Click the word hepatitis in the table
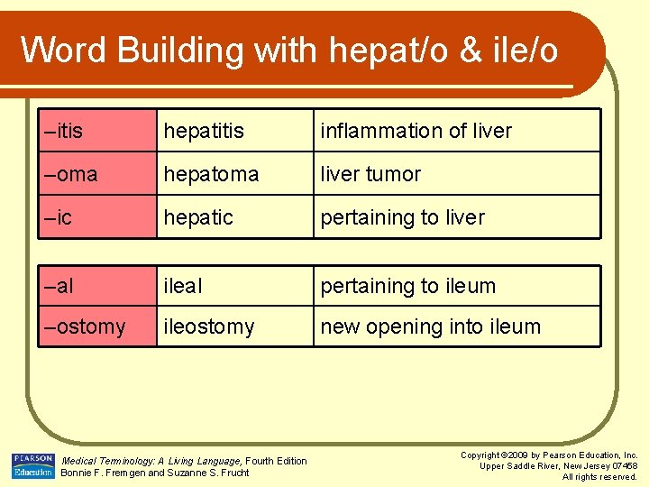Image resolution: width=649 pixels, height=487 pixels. (204, 131)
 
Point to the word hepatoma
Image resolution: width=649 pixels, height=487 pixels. (210, 174)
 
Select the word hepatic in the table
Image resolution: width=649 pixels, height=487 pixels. (198, 217)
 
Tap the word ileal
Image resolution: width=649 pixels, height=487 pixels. (183, 286)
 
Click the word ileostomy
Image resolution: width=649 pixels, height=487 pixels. (209, 326)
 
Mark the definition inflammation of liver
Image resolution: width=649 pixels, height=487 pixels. (416, 131)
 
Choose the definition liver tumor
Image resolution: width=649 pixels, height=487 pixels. (370, 174)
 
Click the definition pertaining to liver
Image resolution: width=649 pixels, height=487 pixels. (402, 217)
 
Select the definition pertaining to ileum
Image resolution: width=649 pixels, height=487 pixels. (408, 286)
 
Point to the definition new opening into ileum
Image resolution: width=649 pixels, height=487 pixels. (430, 326)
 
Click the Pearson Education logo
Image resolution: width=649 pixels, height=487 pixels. (32, 465)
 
